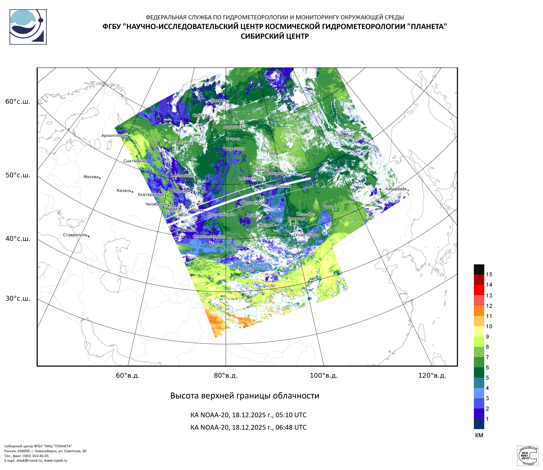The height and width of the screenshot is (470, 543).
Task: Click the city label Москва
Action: pyautogui.click(x=91, y=177)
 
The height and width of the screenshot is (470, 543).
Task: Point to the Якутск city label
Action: pyautogui.click(x=345, y=136)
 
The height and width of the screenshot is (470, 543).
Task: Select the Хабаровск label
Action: pyautogui.click(x=396, y=189)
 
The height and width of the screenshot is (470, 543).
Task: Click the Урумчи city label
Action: pyautogui.click(x=246, y=269)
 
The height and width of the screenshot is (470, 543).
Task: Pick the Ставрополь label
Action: pyautogui.click(x=75, y=235)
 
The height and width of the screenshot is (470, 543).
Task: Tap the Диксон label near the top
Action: pyautogui.click(x=218, y=101)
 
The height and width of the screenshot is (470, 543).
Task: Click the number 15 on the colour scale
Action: pyautogui.click(x=489, y=274)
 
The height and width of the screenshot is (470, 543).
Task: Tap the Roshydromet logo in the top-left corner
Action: pyautogui.click(x=28, y=27)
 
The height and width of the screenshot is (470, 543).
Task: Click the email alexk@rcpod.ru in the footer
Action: pyautogui.click(x=29, y=461)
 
